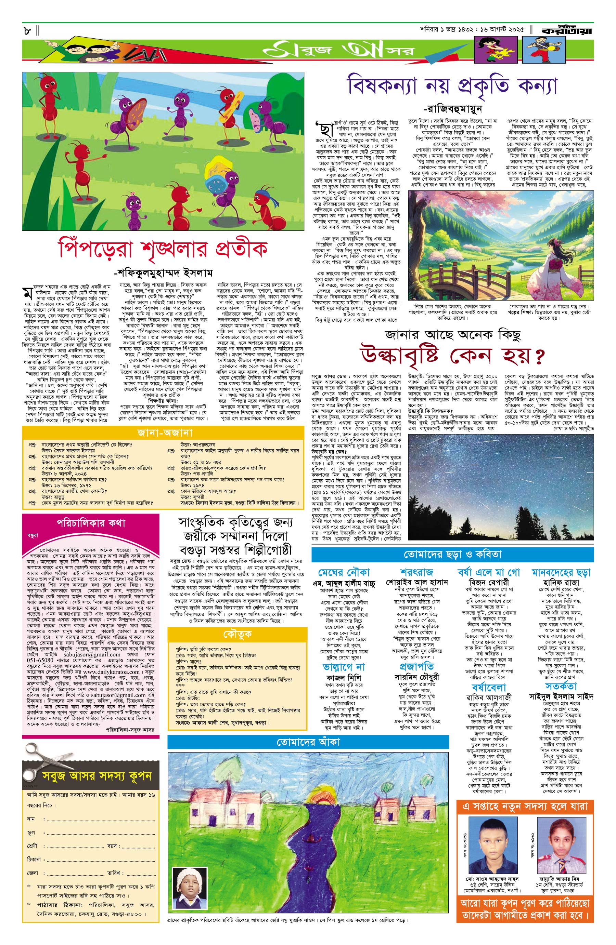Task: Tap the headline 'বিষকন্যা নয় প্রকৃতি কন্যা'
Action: click(x=453, y=86)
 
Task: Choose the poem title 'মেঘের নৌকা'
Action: click(x=344, y=572)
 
